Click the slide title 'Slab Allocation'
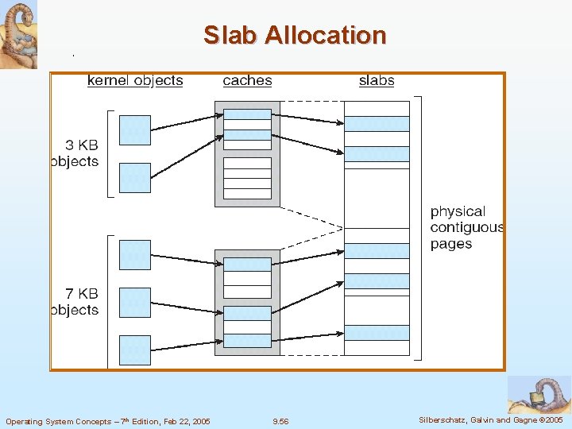pyautogui.click(x=295, y=35)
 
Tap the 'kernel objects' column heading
pyautogui.click(x=135, y=80)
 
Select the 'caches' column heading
pyautogui.click(x=247, y=80)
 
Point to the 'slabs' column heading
pyautogui.click(x=377, y=80)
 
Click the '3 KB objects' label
pyautogui.click(x=75, y=153)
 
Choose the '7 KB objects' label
pyautogui.click(x=75, y=302)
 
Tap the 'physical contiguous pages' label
pyautogui.click(x=466, y=227)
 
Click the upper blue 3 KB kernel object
pyautogui.click(x=134, y=130)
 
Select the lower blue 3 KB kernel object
pyautogui.click(x=134, y=177)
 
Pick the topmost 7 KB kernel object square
pyautogui.click(x=134, y=254)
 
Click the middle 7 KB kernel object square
pyautogui.click(x=134, y=303)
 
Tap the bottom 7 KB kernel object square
pyautogui.click(x=134, y=350)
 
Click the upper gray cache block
pyautogui.click(x=247, y=153)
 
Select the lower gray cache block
pyautogui.click(x=247, y=303)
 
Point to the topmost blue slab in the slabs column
pyautogui.click(x=377, y=123)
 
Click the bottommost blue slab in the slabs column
pyautogui.click(x=377, y=333)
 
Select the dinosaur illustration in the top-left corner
pyautogui.click(x=19, y=34)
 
